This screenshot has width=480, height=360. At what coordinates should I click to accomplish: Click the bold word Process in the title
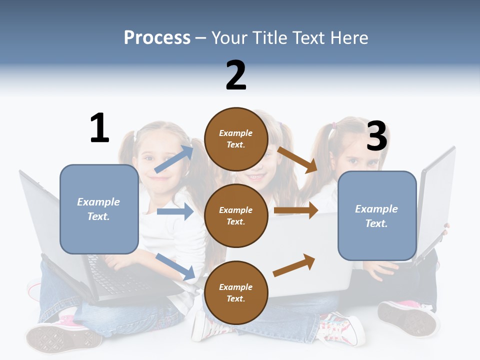pyautogui.click(x=157, y=37)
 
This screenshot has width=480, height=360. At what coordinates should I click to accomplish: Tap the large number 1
pyautogui.click(x=99, y=128)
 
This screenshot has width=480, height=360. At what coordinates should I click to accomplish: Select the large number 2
pyautogui.click(x=236, y=75)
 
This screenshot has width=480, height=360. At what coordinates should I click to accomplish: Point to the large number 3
pyautogui.click(x=377, y=136)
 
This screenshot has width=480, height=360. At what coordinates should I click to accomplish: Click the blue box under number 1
pyautogui.click(x=99, y=209)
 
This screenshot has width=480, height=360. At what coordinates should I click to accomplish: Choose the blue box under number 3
pyautogui.click(x=377, y=216)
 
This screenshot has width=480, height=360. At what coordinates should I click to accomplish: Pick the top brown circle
pyautogui.click(x=236, y=139)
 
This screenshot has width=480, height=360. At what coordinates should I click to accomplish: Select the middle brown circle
pyautogui.click(x=236, y=215)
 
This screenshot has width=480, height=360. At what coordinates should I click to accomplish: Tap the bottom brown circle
pyautogui.click(x=236, y=292)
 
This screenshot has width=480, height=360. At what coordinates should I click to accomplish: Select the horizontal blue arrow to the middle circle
pyautogui.click(x=175, y=211)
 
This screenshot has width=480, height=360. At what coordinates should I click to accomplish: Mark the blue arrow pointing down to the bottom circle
pyautogui.click(x=175, y=266)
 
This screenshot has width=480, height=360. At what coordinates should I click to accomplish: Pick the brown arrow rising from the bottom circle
pyautogui.click(x=294, y=265)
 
